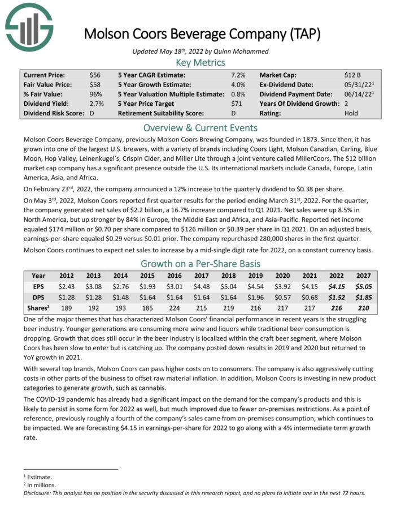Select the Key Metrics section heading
200,62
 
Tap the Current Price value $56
94,74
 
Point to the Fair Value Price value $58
94,84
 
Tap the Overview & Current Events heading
200,127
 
